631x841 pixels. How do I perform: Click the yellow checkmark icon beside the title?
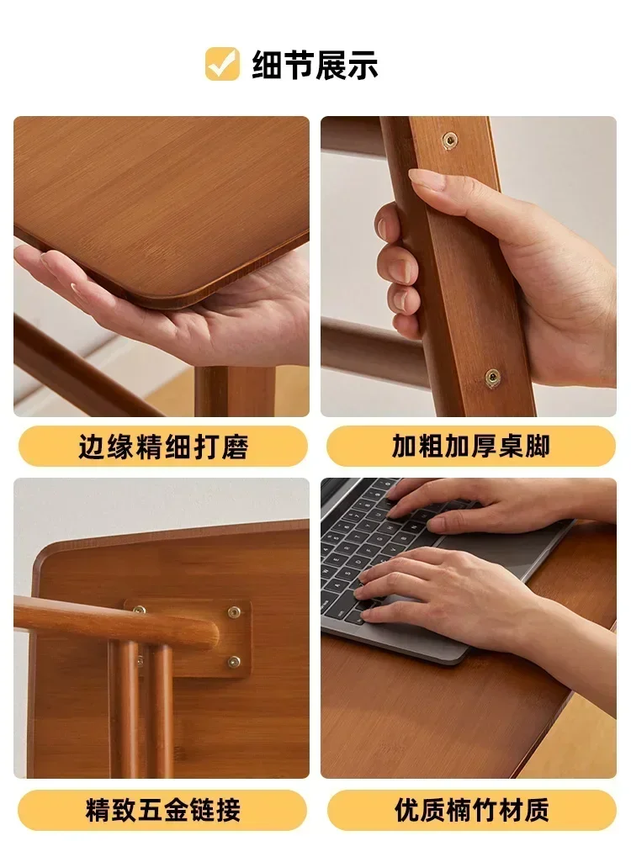tap(222, 64)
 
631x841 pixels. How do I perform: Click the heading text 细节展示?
tap(315, 65)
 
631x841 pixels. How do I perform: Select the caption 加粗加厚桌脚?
tap(470, 446)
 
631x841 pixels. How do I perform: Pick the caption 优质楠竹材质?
tap(470, 810)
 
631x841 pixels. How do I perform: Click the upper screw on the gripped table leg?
tap(450, 139)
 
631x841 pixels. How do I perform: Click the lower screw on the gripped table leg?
tap(492, 376)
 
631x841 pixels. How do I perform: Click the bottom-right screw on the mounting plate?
tap(234, 661)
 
